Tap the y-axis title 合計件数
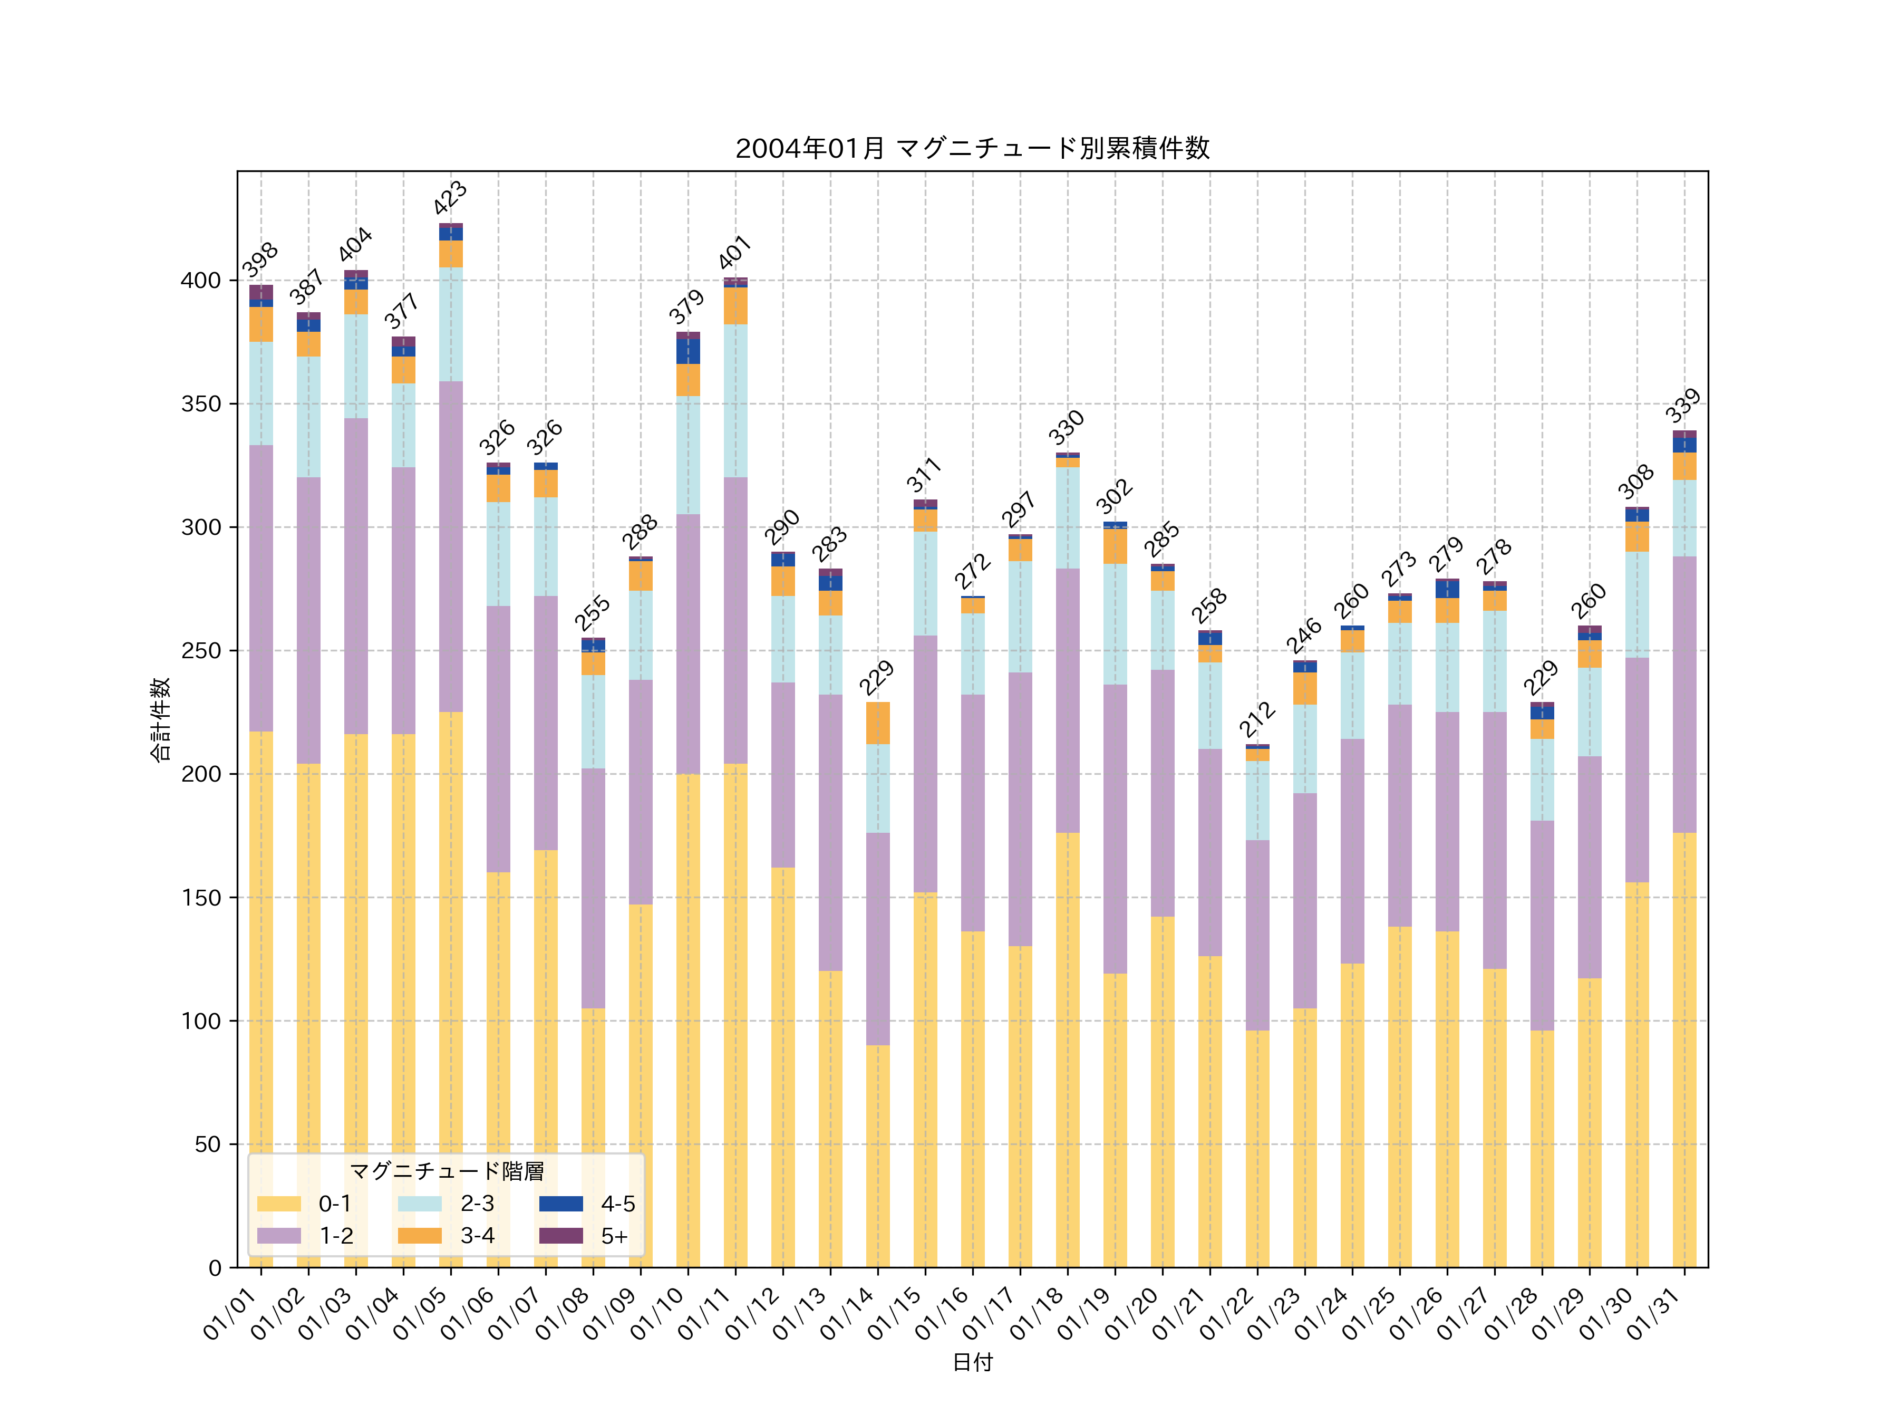160,719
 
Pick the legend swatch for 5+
560,1236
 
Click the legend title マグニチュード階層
446,1171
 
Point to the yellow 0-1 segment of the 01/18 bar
1068,1049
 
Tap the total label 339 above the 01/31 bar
1683,406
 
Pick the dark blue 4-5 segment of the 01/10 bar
687,351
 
